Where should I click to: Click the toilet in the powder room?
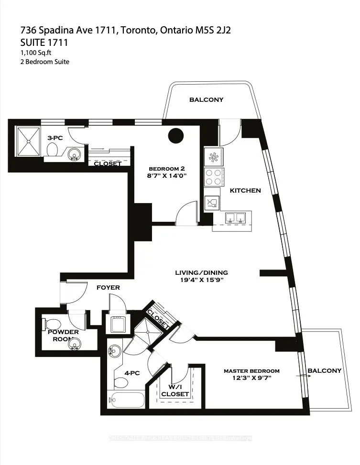tap(50, 322)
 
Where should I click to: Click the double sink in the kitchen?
tap(235, 218)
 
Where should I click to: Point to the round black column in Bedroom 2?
tap(175, 135)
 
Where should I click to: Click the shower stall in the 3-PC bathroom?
tap(30, 141)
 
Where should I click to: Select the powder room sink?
tap(74, 343)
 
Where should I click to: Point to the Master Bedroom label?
tap(251, 371)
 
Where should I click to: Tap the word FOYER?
tap(108, 288)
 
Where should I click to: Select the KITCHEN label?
tap(245, 190)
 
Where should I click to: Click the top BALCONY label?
tap(206, 100)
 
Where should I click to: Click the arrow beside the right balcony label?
tap(304, 376)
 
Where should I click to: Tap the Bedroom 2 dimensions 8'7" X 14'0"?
tap(167, 176)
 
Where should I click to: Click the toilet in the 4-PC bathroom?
tap(120, 382)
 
